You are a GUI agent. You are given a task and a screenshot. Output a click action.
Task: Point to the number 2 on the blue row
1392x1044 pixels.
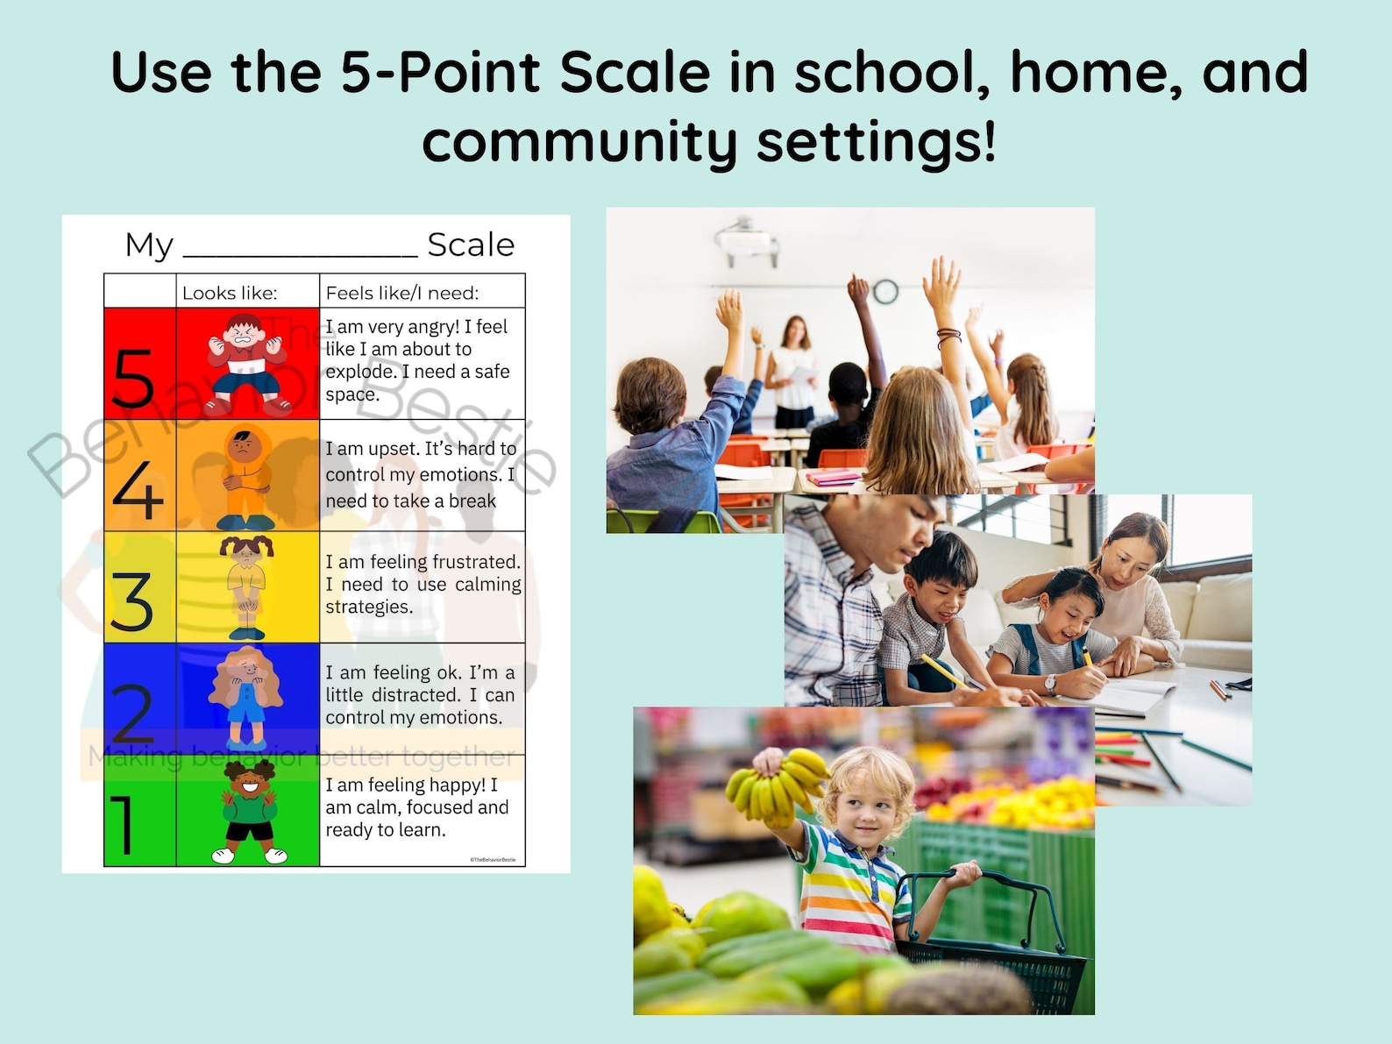(132, 714)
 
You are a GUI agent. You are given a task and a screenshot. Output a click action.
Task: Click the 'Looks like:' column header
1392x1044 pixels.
(230, 293)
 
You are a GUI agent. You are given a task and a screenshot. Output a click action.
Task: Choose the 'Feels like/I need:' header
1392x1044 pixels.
(402, 293)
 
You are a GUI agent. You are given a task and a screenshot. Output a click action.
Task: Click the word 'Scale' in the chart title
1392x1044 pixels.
(471, 245)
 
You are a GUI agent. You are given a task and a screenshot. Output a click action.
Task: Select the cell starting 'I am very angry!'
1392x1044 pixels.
(417, 360)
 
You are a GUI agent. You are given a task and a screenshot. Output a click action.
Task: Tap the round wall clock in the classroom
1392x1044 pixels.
(885, 291)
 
